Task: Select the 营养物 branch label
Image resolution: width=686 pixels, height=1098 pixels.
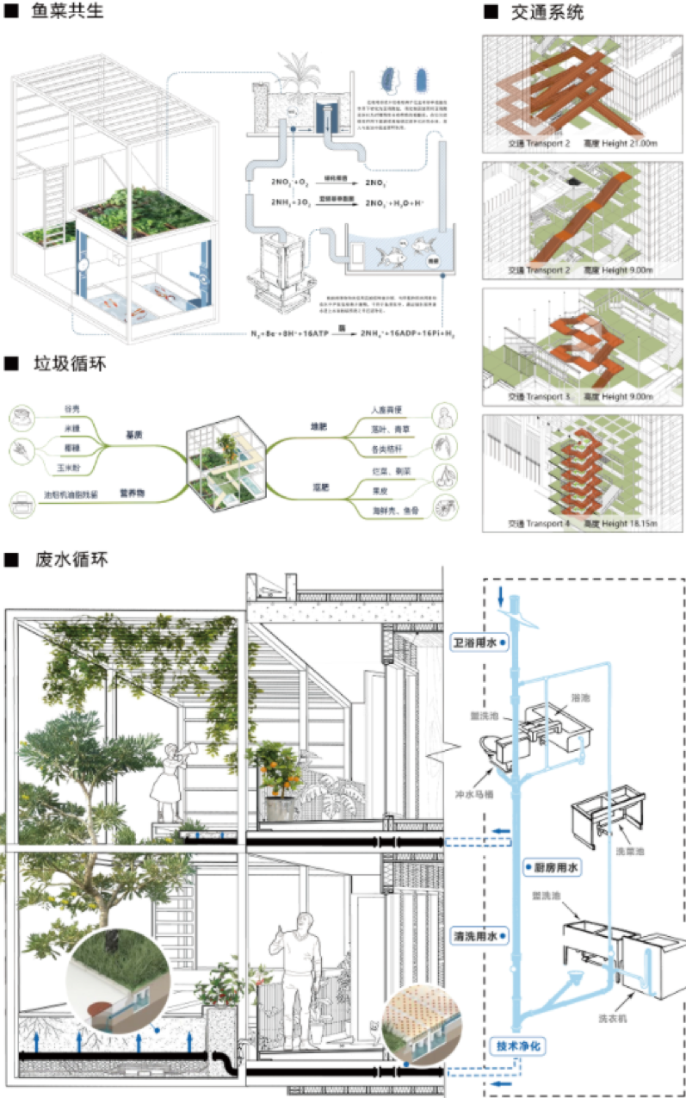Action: [x=132, y=493]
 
